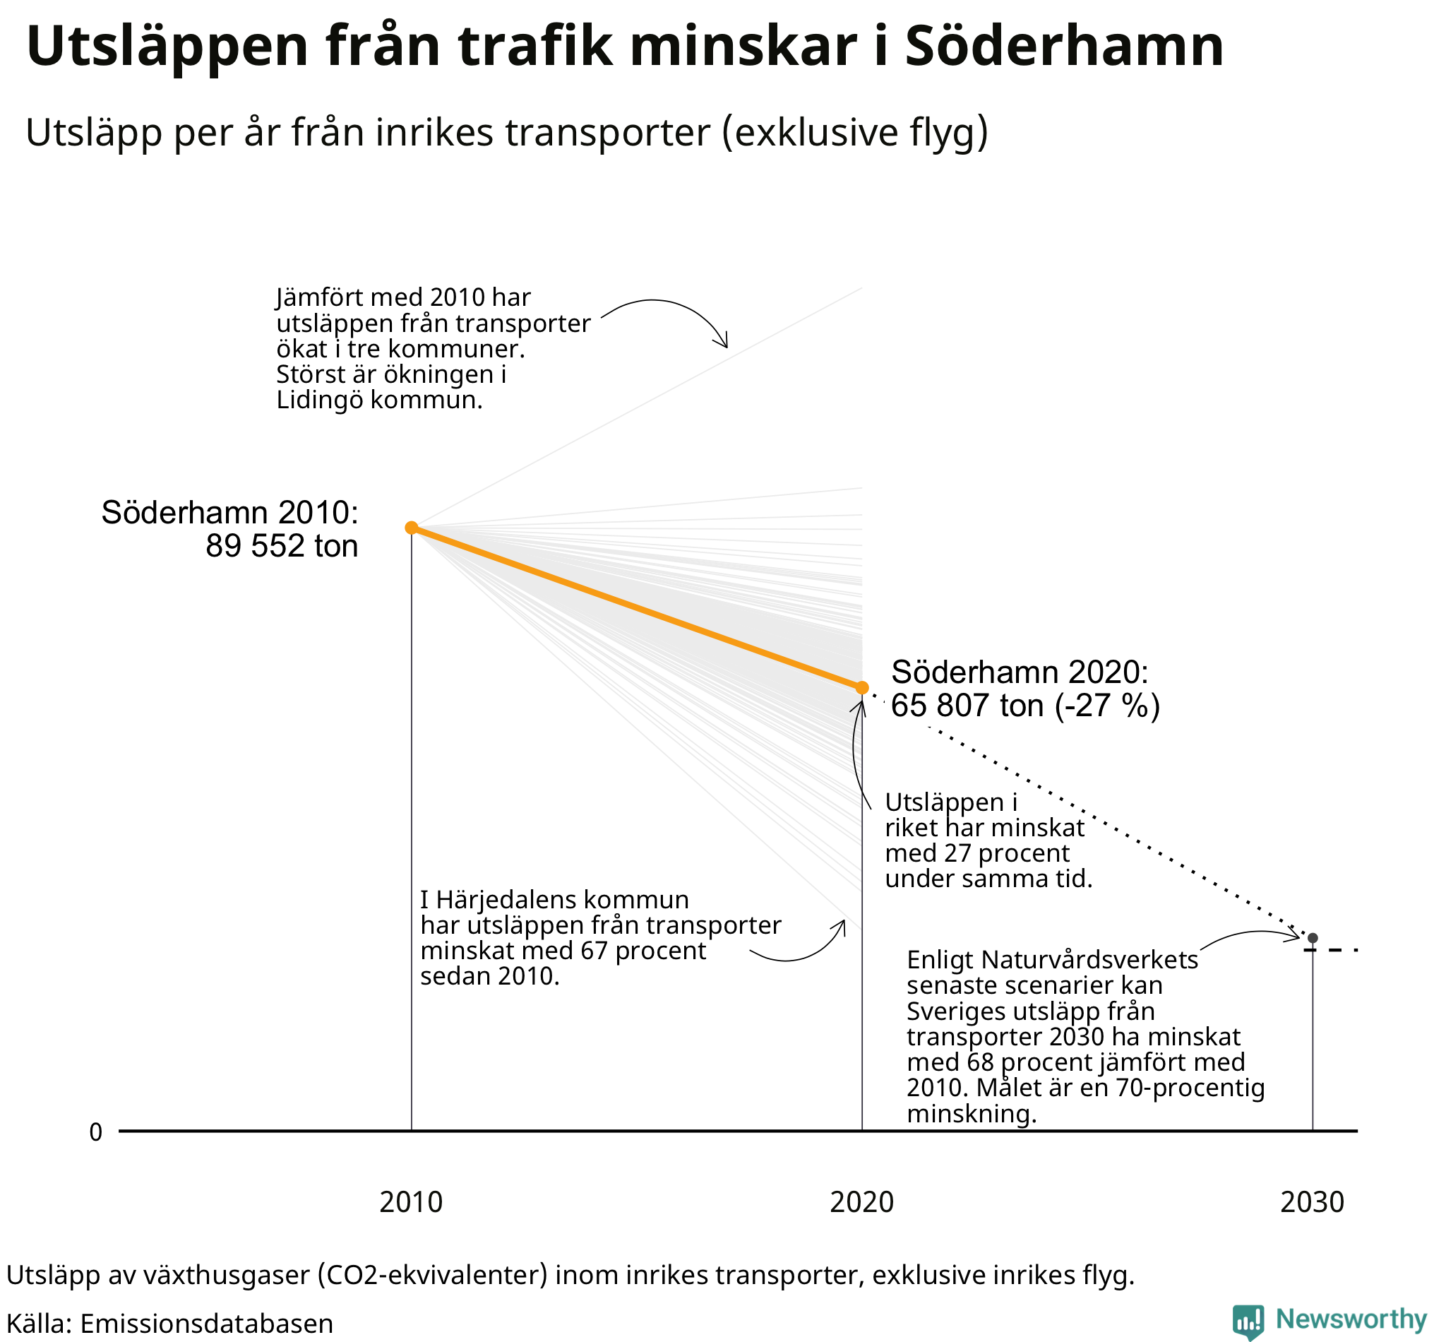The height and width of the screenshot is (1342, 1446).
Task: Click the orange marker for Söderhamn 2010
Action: click(x=411, y=527)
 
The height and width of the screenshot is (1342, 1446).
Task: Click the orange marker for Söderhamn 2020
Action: click(x=861, y=688)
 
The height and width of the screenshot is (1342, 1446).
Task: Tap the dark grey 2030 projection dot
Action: click(x=1313, y=938)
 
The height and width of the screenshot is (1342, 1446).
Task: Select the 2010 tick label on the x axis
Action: click(x=411, y=1203)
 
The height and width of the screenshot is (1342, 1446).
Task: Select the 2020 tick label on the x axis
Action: click(x=861, y=1203)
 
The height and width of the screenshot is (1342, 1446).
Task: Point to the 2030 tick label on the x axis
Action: click(x=1312, y=1203)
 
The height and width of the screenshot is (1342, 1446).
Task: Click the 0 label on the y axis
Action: click(x=96, y=1132)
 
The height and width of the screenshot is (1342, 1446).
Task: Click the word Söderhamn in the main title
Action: click(x=1064, y=47)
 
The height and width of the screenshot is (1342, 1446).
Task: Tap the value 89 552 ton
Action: click(x=282, y=546)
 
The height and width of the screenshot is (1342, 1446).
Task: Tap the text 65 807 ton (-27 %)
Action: click(x=1025, y=706)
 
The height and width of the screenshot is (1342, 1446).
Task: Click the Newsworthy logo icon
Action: click(x=1248, y=1320)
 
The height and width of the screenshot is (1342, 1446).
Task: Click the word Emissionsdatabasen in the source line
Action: click(x=206, y=1324)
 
